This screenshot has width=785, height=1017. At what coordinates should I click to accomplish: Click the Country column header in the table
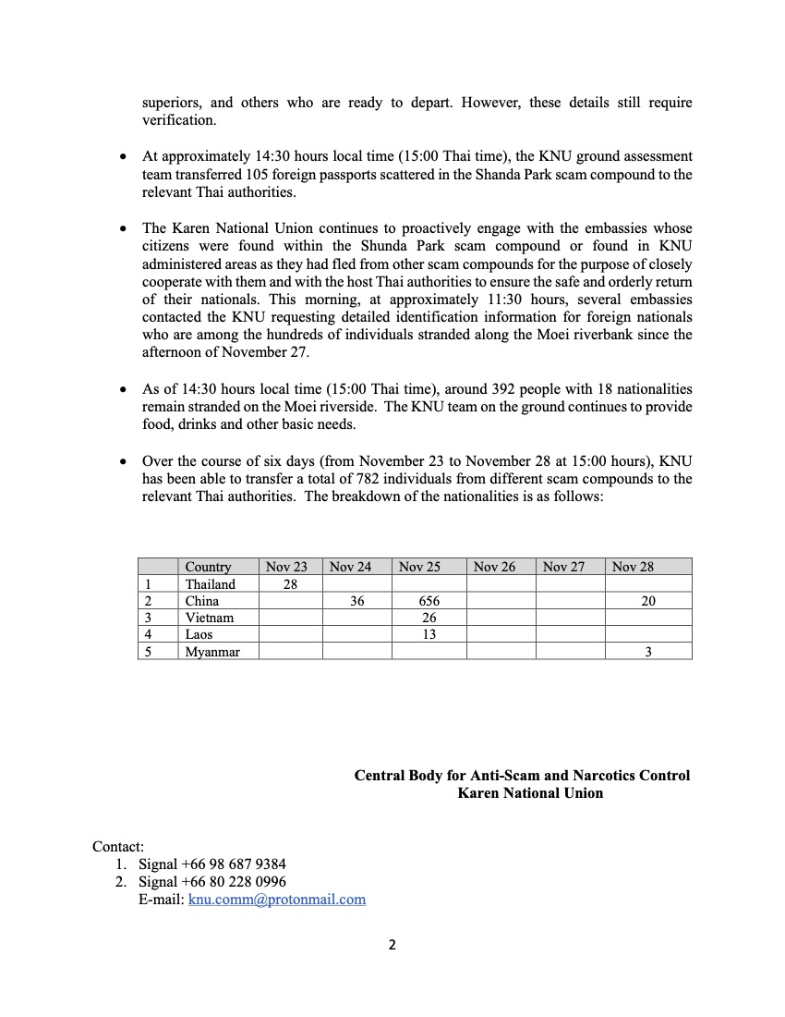pyautogui.click(x=208, y=567)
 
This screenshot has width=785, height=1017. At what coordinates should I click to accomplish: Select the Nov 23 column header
pyautogui.click(x=286, y=567)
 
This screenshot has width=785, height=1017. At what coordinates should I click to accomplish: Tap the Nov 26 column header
pyautogui.click(x=494, y=567)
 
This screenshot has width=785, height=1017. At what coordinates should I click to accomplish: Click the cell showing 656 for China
pyautogui.click(x=429, y=601)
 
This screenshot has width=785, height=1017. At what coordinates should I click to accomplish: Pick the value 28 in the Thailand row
pyautogui.click(x=290, y=584)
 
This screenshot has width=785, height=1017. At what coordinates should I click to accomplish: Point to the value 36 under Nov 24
pyautogui.click(x=357, y=601)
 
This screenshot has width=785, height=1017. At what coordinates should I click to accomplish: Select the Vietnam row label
pyautogui.click(x=209, y=618)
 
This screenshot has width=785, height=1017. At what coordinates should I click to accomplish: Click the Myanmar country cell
pyautogui.click(x=212, y=652)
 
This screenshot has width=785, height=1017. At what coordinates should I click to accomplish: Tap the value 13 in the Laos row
pyautogui.click(x=429, y=634)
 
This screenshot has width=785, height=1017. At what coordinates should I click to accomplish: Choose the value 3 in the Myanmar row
pyautogui.click(x=648, y=652)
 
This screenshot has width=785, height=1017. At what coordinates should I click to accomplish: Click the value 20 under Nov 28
pyautogui.click(x=648, y=601)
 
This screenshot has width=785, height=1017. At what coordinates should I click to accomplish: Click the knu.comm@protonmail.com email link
pyautogui.click(x=277, y=899)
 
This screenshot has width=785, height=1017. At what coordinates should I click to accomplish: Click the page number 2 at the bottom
pyautogui.click(x=392, y=945)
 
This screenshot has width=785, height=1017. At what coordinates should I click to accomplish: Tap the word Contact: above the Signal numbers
pyautogui.click(x=118, y=847)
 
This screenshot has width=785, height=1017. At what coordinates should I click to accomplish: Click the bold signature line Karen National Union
pyautogui.click(x=530, y=793)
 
